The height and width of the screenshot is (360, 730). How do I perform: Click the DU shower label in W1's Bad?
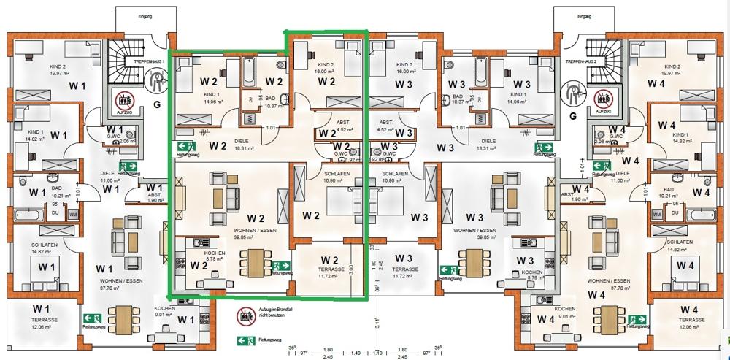point(55,213)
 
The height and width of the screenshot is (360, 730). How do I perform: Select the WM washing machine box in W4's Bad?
point(657,213)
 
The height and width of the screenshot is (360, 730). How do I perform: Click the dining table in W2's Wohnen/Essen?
point(255,261)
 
